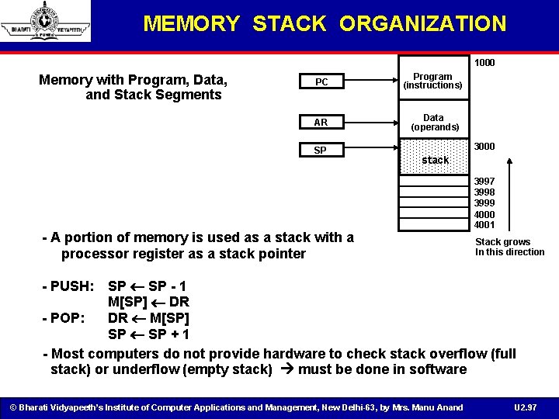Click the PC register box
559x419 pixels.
(321, 82)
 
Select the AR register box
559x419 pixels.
(321, 123)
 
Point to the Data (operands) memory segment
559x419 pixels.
(435, 122)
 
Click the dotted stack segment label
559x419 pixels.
(435, 159)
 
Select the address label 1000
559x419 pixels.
(485, 62)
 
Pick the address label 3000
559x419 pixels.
(485, 147)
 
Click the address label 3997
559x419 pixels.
(484, 181)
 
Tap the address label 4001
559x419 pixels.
(484, 225)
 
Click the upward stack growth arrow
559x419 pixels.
(509, 194)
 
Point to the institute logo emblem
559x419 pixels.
(46, 21)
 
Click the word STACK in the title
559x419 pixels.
(290, 24)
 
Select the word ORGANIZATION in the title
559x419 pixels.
(422, 24)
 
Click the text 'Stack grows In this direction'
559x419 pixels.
(509, 247)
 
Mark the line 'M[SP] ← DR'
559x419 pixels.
(148, 302)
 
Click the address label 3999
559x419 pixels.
(484, 203)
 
